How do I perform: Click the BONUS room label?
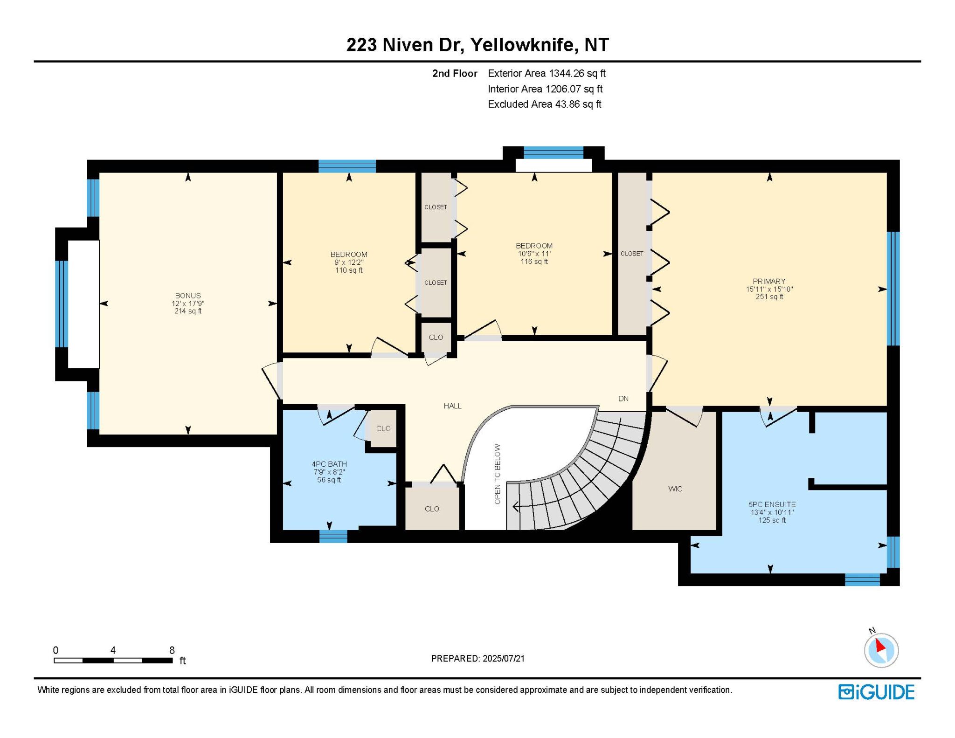[188, 296]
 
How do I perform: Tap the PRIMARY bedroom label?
[769, 281]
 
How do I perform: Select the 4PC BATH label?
[329, 464]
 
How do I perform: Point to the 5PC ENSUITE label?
[772, 504]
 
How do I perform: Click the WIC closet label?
[675, 489]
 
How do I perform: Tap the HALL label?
[452, 406]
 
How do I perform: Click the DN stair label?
[623, 399]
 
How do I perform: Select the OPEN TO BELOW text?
[498, 474]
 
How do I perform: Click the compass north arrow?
[880, 646]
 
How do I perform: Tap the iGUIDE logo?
[876, 692]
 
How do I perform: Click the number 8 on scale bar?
[172, 650]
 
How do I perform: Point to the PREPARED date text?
[478, 658]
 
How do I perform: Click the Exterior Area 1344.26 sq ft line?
[547, 73]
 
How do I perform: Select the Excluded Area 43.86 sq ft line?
[545, 104]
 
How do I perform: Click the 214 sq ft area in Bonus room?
[188, 311]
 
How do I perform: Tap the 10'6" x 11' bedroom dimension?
[534, 254]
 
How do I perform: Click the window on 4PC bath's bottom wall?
[333, 536]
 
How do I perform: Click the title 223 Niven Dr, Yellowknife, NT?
[477, 45]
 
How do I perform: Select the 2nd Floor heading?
[455, 73]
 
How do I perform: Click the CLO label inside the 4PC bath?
[383, 428]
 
